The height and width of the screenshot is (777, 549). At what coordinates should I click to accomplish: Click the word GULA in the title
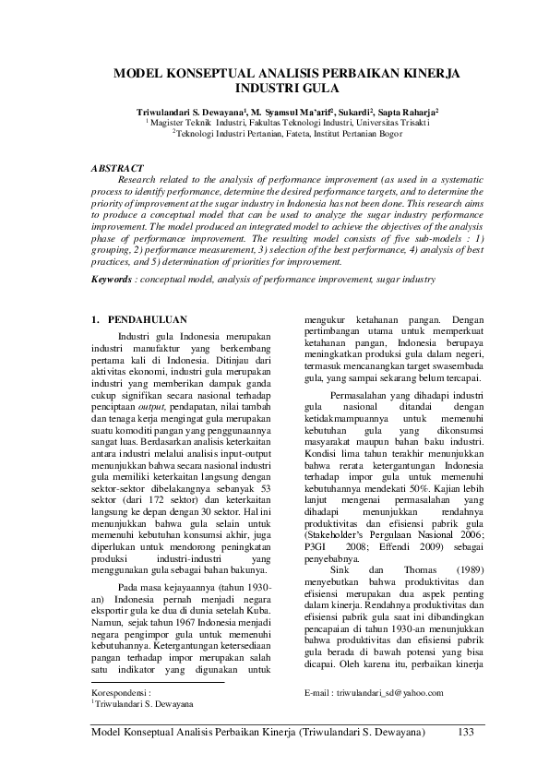pyautogui.click(x=318, y=90)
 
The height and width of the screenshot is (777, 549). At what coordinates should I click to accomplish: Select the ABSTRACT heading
pyautogui.click(x=124, y=168)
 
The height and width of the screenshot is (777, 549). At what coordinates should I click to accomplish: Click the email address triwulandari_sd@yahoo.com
pyautogui.click(x=387, y=691)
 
